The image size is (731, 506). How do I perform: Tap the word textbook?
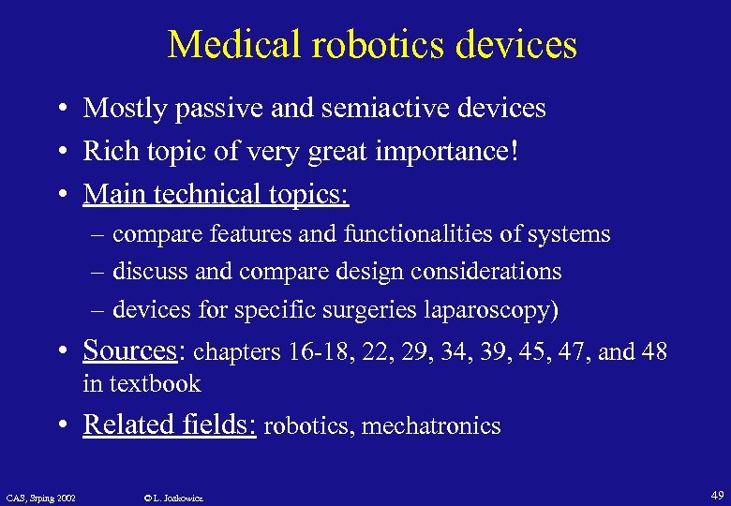[155, 383]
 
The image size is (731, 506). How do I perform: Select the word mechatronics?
[431, 426]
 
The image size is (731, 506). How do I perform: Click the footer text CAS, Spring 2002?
[40, 497]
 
